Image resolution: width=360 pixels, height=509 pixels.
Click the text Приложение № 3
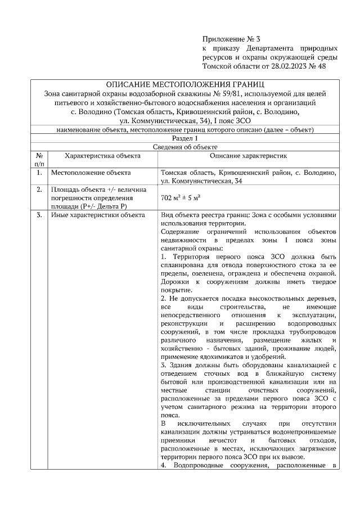coord(231,39)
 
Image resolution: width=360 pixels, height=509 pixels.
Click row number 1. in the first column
coord(39,173)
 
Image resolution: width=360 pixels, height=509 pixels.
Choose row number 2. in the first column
coord(39,190)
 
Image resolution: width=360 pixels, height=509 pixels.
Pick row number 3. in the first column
coord(39,215)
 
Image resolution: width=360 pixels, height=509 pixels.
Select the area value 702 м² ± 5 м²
coord(181,199)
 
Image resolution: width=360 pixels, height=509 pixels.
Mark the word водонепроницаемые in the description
coord(303,433)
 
